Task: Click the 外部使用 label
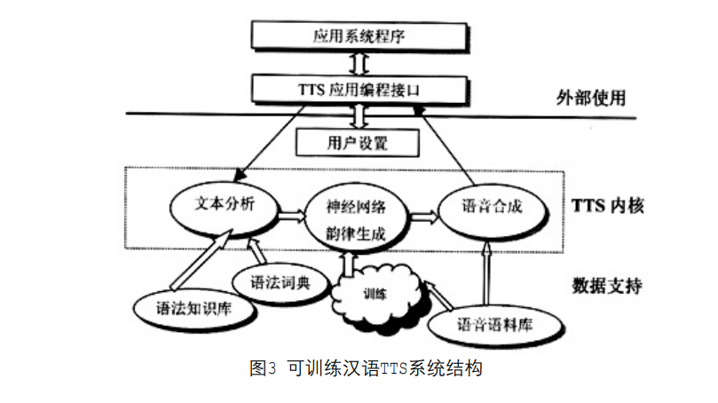point(591,98)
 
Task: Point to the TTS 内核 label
point(608,207)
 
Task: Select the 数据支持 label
point(606,286)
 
